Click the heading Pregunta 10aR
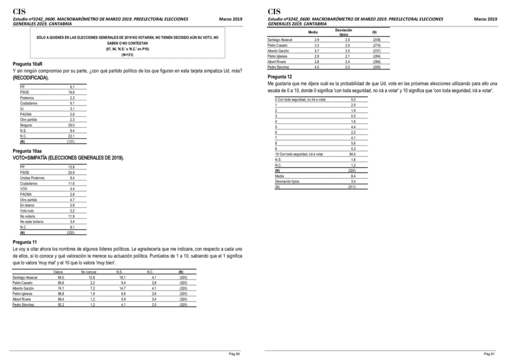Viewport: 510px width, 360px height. click(x=24, y=64)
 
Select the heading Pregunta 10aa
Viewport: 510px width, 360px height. click(x=24, y=150)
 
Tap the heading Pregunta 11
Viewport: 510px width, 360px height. click(x=22, y=242)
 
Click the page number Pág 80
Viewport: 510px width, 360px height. click(x=234, y=354)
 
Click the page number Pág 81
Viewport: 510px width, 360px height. click(x=489, y=354)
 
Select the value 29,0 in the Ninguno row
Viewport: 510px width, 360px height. click(x=71, y=125)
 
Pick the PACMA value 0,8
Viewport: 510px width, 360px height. click(x=72, y=114)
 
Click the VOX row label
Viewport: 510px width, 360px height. click(x=24, y=188)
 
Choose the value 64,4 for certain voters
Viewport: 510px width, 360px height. click(x=352, y=154)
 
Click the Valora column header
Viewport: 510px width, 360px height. click(x=58, y=272)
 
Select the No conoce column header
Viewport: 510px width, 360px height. click(x=88, y=272)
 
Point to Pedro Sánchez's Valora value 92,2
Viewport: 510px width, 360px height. click(x=61, y=304)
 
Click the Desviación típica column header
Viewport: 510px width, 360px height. click(x=343, y=32)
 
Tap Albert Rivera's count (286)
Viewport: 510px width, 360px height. click(x=376, y=61)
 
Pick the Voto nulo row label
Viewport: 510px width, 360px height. click(x=27, y=210)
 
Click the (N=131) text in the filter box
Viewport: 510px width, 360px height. click(x=127, y=54)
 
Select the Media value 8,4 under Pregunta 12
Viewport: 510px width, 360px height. click(x=352, y=176)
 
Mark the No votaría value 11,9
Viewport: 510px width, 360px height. click(x=71, y=216)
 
